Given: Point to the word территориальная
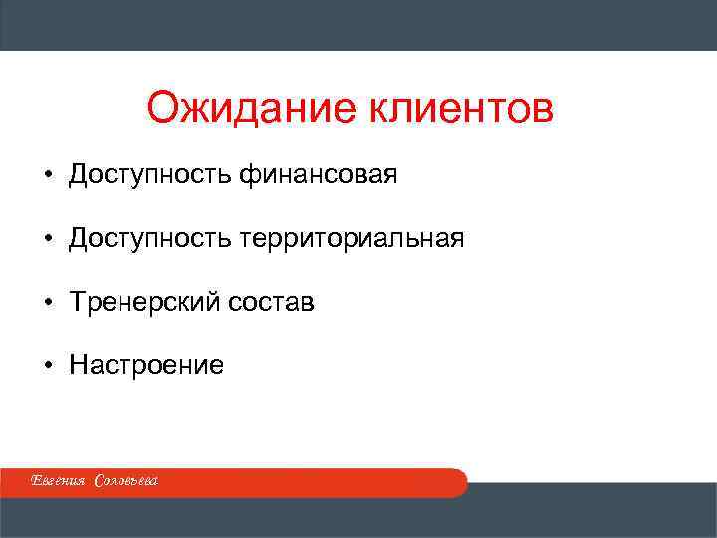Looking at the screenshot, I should tap(352, 239).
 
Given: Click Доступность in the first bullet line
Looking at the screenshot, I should tap(151, 176).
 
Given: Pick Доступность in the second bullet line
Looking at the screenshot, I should tap(151, 239).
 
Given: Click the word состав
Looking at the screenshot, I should tap(274, 302).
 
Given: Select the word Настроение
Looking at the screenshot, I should tap(146, 365).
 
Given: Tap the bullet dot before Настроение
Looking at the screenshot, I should tap(47, 365).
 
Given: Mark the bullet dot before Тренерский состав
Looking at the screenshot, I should tap(47, 302).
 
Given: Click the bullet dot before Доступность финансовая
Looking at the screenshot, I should tap(47, 176).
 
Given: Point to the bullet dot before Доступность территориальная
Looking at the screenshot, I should tap(47, 239).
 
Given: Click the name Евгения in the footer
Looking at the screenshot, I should tap(59, 482).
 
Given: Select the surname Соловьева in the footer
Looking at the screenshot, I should tap(125, 482).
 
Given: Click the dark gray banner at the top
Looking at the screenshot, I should tap(358, 25).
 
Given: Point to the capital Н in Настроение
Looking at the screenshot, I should tap(77, 365).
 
